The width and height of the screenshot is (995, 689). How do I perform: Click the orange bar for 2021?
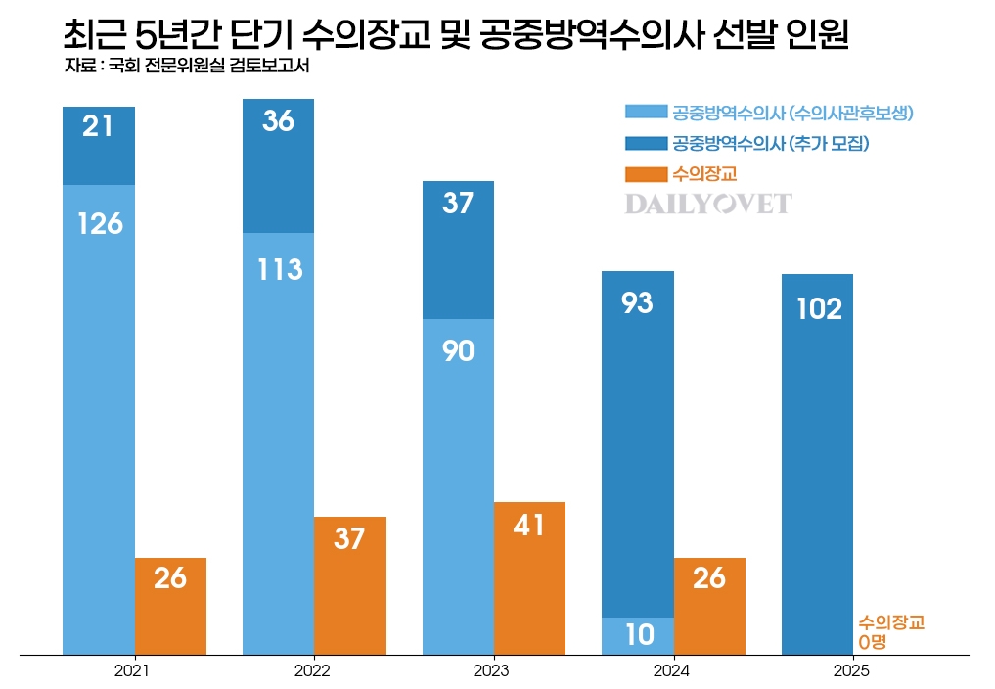pos(170,606)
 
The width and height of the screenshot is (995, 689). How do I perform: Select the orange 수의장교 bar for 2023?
pos(529,577)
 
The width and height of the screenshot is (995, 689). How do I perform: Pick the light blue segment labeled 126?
pos(99,419)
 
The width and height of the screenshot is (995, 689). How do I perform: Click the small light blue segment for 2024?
pos(638,635)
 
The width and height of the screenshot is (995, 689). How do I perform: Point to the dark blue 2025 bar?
pos(818,464)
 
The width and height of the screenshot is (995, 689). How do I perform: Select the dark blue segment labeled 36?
pos(279,165)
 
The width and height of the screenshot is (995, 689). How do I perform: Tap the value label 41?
pos(529,526)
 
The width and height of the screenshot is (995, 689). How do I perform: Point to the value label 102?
pos(819,309)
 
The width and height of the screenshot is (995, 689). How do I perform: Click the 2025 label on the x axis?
pos(851,671)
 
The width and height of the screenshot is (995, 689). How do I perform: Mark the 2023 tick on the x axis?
pos(492,671)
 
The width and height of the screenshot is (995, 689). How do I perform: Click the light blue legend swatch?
pos(645,113)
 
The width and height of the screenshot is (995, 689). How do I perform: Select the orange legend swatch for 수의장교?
pos(645,174)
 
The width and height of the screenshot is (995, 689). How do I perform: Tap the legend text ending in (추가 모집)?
pos(771,144)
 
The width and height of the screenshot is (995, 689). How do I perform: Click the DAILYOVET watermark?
pos(708,205)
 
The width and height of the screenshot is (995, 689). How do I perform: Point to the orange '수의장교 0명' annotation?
pos(890,631)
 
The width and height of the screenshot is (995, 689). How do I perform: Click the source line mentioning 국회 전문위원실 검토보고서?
pos(192,67)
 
